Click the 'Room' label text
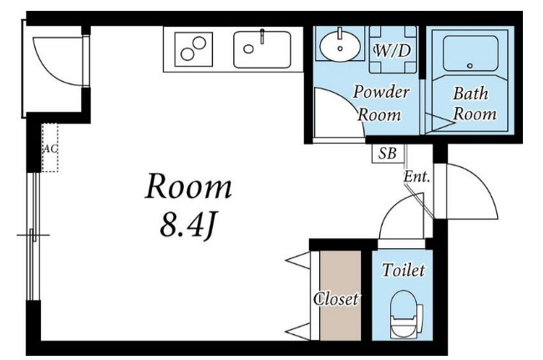pyautogui.click(x=188, y=187)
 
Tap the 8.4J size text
pyautogui.click(x=188, y=226)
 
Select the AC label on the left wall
pyautogui.click(x=50, y=149)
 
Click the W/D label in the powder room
pyautogui.click(x=393, y=51)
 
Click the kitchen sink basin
pyautogui.click(x=262, y=49)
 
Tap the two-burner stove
pyautogui.click(x=194, y=48)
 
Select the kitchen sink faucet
pyautogui.click(x=262, y=37)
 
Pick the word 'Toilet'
pyautogui.click(x=403, y=270)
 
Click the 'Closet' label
pyautogui.click(x=336, y=299)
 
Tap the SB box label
pyautogui.click(x=387, y=153)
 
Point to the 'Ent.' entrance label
pyautogui.click(x=417, y=177)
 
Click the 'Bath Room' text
pyautogui.click(x=474, y=104)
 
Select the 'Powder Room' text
pyautogui.click(x=380, y=103)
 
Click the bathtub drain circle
pyautogui.click(x=470, y=66)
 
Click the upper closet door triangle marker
pyautogui.click(x=298, y=261)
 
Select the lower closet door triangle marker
pyautogui.click(x=298, y=332)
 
